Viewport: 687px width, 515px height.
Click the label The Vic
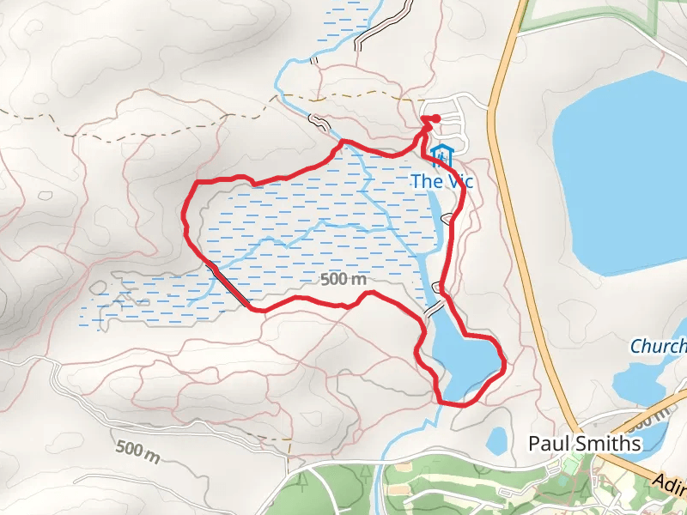click(442, 181)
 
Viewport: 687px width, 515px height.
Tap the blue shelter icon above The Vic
click(442, 156)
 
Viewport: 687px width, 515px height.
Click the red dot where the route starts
click(435, 118)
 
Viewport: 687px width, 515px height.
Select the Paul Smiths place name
click(584, 444)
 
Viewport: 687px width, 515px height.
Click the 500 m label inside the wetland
click(343, 279)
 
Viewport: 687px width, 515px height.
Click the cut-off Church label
click(659, 346)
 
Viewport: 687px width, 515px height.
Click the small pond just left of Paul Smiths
click(496, 440)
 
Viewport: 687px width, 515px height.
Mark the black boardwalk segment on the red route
click(228, 283)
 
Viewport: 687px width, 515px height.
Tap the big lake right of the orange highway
click(618, 172)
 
